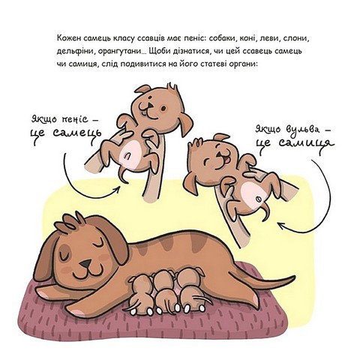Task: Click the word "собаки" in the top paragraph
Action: coord(222,39)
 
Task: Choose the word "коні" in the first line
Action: coord(247,39)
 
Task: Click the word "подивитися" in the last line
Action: coord(143,64)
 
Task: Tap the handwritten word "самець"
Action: coord(77,133)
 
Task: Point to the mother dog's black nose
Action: coord(85,263)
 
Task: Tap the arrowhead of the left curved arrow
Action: coord(117,190)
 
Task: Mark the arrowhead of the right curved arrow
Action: coord(282,225)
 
